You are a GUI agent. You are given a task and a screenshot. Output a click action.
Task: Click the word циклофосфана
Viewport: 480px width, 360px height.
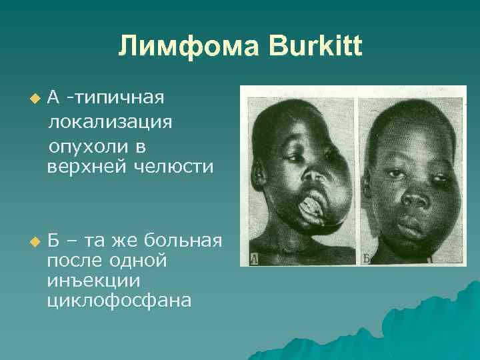point(119,301)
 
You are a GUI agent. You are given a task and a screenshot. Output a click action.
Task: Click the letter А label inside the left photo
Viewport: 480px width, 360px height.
point(254,258)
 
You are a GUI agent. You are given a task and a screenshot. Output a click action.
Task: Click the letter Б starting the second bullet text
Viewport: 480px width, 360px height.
point(53,238)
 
